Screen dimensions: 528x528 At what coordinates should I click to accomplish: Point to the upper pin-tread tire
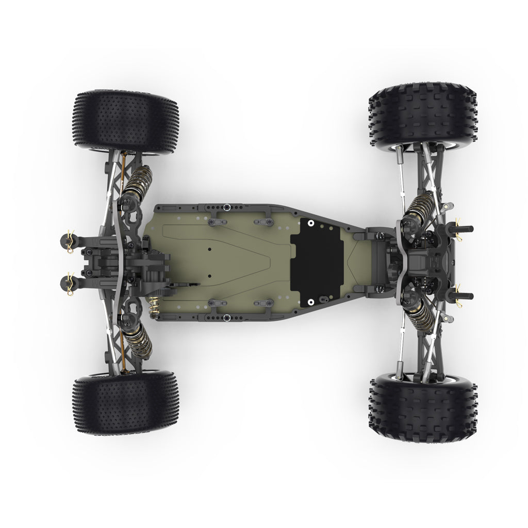pyautogui.click(x=125, y=122)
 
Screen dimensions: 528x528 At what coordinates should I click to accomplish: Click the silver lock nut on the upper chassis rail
pyautogui.click(x=226, y=207)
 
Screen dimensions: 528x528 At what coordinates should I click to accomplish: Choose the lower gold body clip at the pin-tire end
pyautogui.click(x=70, y=280)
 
